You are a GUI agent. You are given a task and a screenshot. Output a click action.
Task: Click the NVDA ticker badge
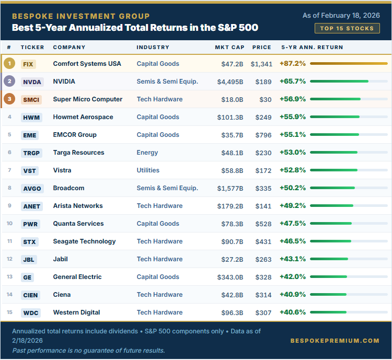pyautogui.click(x=32, y=82)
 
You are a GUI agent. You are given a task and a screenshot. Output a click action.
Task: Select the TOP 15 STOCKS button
pyautogui.click(x=348, y=28)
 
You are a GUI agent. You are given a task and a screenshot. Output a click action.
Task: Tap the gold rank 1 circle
pyautogui.click(x=9, y=64)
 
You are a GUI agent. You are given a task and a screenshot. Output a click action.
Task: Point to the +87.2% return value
pyautogui.click(x=293, y=64)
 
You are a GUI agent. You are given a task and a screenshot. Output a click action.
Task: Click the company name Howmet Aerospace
pyautogui.click(x=83, y=117)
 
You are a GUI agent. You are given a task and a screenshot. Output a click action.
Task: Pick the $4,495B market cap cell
pyautogui.click(x=230, y=82)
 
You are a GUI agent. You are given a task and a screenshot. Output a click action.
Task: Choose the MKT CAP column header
pyautogui.click(x=229, y=47)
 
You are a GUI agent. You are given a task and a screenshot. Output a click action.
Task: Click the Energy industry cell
pyautogui.click(x=147, y=153)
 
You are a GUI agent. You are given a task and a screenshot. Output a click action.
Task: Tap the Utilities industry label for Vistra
pyautogui.click(x=148, y=170)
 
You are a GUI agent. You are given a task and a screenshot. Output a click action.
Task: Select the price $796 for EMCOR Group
pyautogui.click(x=263, y=135)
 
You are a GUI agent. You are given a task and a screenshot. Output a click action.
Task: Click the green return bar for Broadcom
pyautogui.click(x=332, y=188)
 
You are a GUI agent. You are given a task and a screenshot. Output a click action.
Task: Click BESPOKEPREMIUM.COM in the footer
pyautogui.click(x=335, y=341)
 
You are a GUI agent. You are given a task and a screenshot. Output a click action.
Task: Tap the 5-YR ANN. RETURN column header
pyautogui.click(x=312, y=47)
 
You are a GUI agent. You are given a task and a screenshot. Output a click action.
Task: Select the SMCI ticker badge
pyautogui.click(x=31, y=99)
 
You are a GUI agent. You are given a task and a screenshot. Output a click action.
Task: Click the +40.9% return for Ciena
pyautogui.click(x=293, y=295)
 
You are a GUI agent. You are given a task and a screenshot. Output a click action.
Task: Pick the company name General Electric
pyautogui.click(x=77, y=277)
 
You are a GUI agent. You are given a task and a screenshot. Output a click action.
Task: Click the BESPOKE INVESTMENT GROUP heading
pyautogui.click(x=80, y=16)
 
